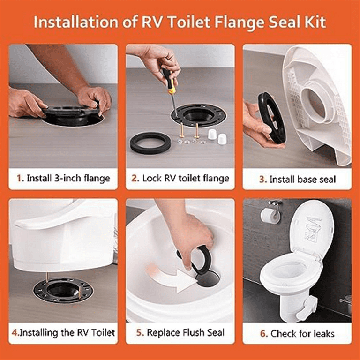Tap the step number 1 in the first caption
click(x=20, y=179)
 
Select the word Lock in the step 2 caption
click(x=153, y=179)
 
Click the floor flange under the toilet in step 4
click(x=63, y=290)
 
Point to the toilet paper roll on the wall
click(x=270, y=214)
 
